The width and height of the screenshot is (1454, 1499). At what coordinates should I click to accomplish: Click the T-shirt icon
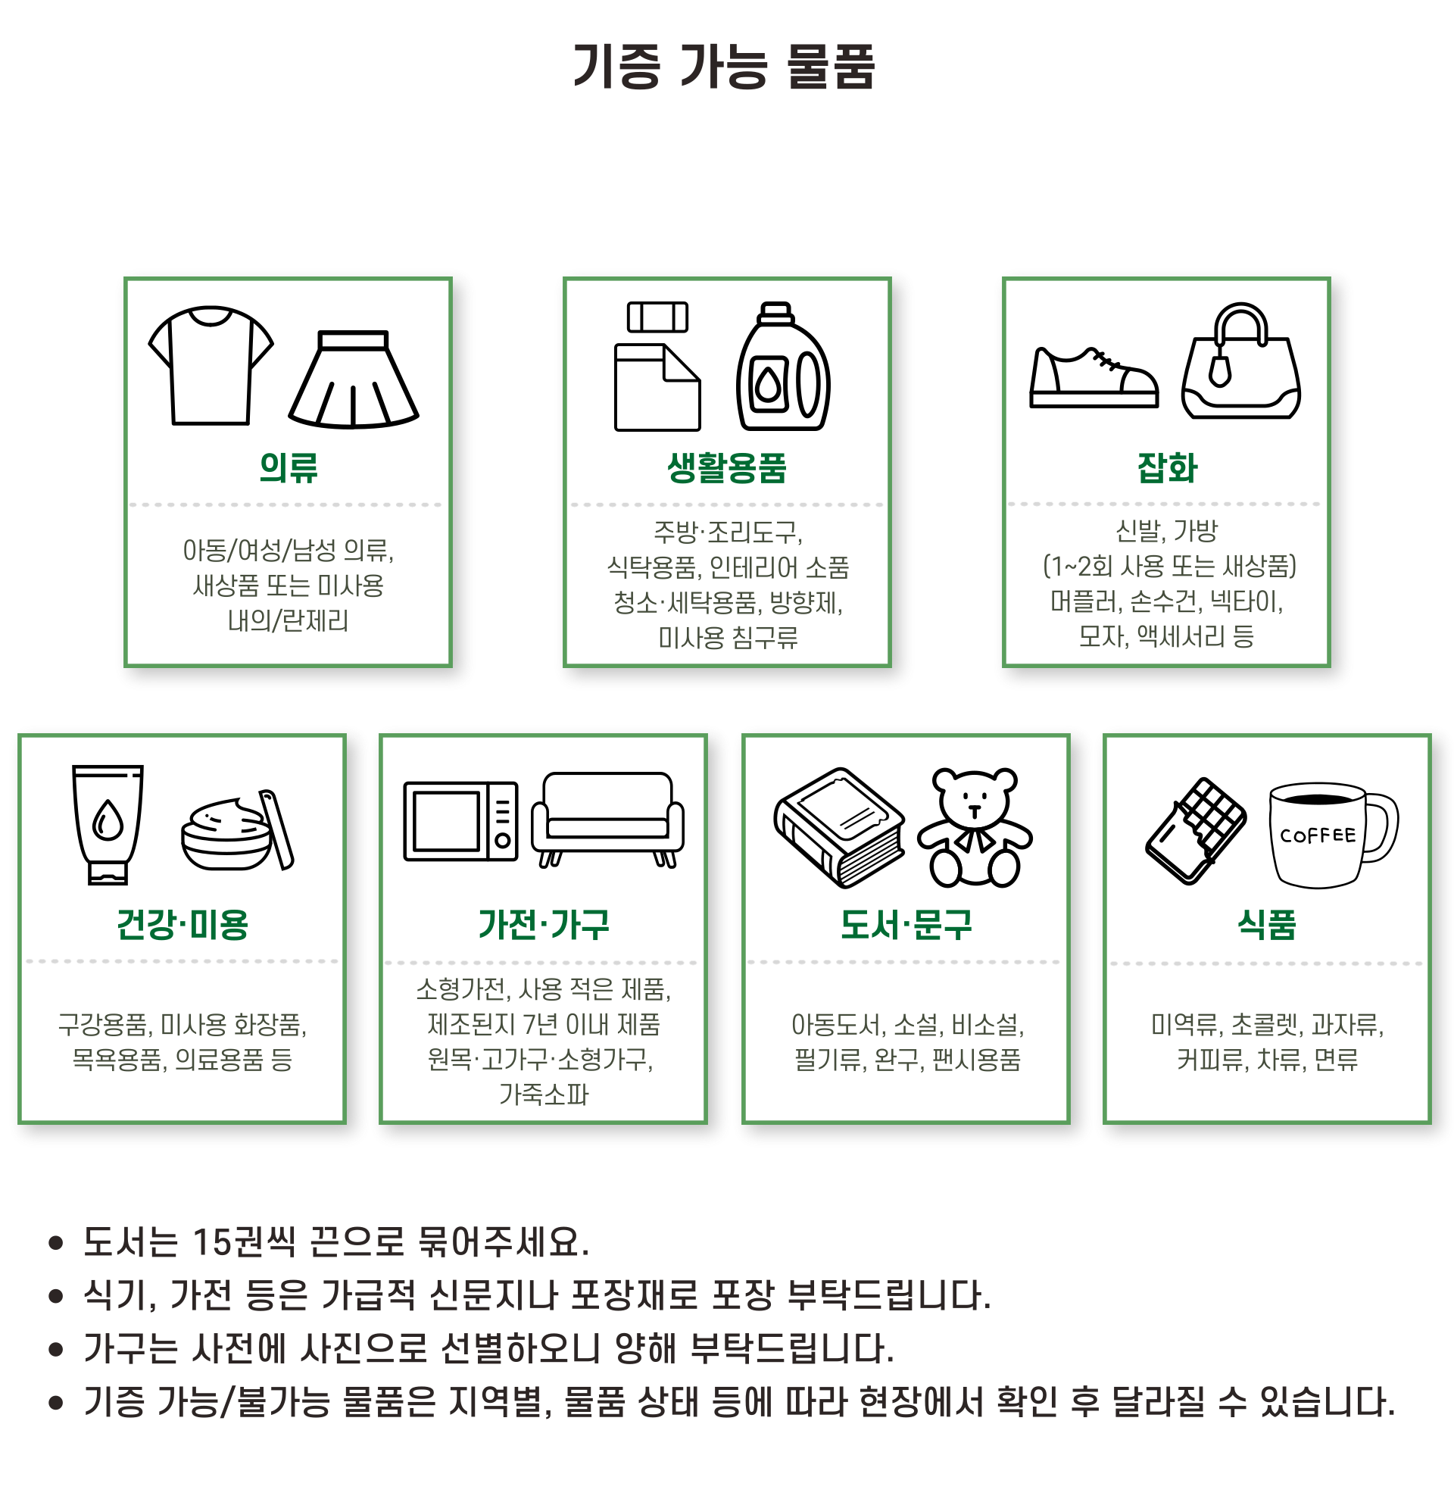coord(211,366)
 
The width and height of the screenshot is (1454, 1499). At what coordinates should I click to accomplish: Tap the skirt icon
coord(353,379)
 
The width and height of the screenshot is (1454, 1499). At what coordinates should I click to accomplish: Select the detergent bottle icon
coord(783,367)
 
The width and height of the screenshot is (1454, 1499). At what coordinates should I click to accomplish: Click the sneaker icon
coord(1094,378)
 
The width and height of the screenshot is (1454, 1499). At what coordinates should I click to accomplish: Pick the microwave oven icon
coord(461,821)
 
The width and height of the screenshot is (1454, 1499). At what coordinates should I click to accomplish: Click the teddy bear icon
coord(975,827)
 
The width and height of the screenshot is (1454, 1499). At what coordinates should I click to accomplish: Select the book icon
coord(839,827)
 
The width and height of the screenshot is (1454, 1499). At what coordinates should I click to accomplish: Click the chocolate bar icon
coord(1196,831)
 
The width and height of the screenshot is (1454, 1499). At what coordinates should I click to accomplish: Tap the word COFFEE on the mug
coord(1317,835)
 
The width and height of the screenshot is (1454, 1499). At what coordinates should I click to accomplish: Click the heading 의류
coord(289,467)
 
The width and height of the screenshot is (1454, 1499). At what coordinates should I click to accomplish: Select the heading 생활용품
coord(727,467)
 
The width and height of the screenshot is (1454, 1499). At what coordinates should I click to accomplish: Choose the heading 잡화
coord(1166,467)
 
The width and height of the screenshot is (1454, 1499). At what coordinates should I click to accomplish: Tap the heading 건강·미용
coord(182,924)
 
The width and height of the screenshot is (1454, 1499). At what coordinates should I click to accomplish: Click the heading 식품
coord(1267,924)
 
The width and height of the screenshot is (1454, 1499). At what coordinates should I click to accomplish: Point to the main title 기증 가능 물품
coord(724,67)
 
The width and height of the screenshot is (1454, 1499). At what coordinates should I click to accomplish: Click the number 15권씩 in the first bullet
coord(244,1242)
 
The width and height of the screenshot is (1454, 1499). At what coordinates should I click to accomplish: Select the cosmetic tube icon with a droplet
coord(107,824)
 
